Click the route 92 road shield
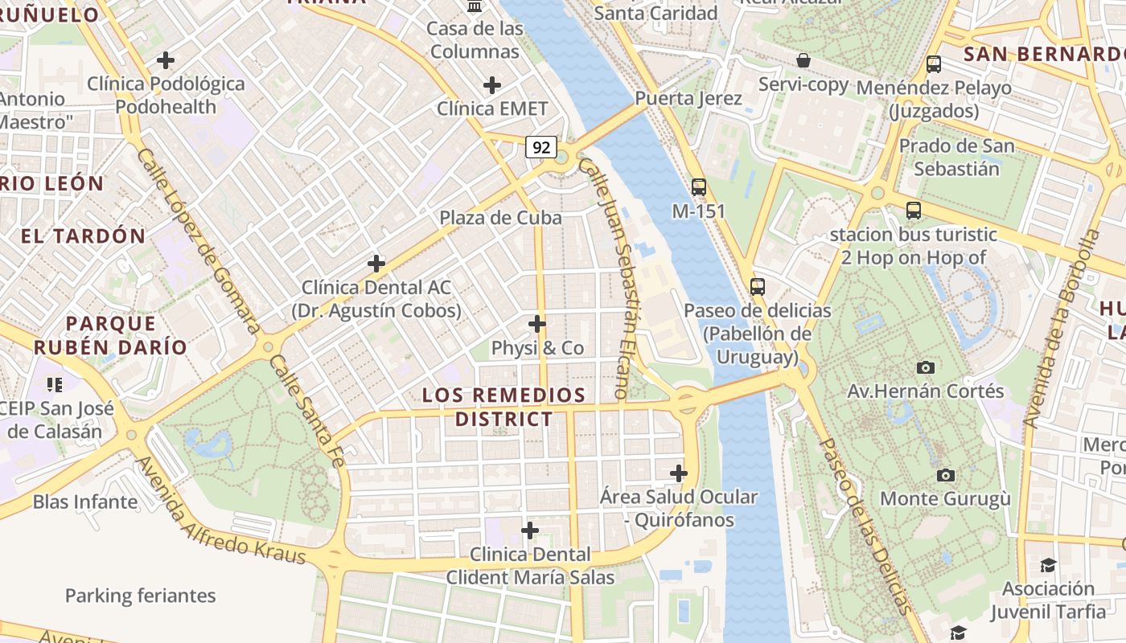coord(542,147)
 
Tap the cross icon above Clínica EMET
coord(492,85)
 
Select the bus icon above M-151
coord(698,187)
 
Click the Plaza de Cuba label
coord(500,218)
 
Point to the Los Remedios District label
coord(504,407)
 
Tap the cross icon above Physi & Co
coord(537,324)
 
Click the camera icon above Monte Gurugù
coord(946,475)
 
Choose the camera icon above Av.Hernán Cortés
coord(926,367)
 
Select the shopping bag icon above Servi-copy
coord(803,60)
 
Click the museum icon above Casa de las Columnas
coord(475,6)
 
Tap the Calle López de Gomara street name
coord(199,240)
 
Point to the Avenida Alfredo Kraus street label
coord(220,511)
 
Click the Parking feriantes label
coord(141,596)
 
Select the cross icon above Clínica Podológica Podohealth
coord(166,60)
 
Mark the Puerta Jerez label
coord(688,99)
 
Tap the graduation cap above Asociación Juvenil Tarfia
coord(1048,566)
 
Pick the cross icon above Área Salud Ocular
coord(679,473)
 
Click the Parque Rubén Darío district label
coord(111,335)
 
